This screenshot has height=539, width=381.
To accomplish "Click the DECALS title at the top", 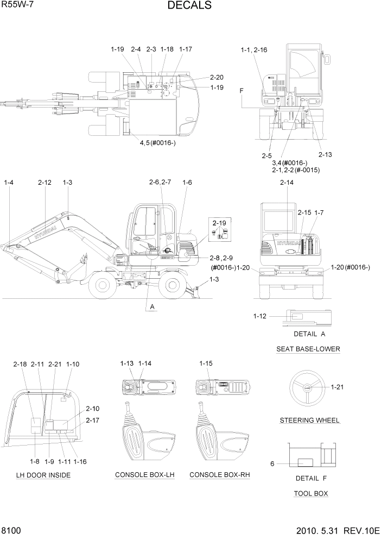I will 189,6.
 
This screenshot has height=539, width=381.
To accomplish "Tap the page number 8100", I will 11,530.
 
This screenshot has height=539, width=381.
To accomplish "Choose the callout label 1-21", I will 337,387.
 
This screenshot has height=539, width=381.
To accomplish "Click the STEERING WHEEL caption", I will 309,420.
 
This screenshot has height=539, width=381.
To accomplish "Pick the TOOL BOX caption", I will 310,493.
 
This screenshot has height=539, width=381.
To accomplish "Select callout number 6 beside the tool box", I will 272,463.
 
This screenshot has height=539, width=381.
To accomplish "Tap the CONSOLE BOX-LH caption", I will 144,475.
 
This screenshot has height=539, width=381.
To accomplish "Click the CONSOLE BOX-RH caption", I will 219,475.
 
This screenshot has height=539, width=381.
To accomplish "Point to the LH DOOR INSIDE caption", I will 43,475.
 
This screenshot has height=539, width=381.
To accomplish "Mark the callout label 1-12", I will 261,316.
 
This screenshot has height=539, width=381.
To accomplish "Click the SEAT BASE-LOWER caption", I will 308,349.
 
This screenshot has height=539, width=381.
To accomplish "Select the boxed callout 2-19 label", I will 219,223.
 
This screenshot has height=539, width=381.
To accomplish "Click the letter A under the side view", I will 153,307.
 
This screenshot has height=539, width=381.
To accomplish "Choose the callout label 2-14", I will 287,183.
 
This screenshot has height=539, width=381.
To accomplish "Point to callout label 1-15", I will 206,363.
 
